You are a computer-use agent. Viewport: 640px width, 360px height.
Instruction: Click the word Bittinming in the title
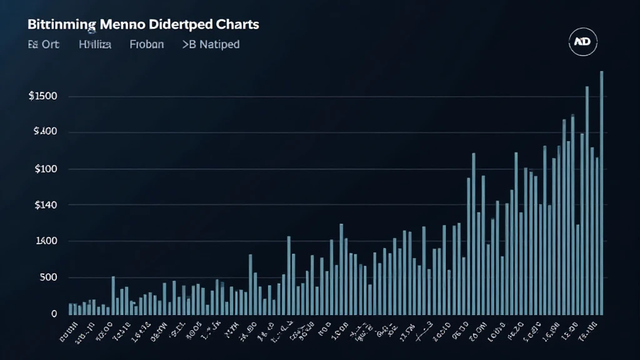(62, 25)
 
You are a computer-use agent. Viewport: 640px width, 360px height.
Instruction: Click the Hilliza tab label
(95, 45)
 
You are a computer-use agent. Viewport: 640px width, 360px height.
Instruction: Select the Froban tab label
(147, 45)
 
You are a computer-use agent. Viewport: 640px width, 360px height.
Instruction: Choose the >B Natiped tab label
(211, 45)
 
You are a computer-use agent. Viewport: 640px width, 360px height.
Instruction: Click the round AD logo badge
(586, 41)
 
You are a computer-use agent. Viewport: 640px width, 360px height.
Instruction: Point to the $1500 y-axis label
(43, 96)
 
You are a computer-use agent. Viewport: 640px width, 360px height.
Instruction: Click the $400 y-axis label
(46, 132)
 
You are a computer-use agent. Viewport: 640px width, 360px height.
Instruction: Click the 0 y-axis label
(54, 313)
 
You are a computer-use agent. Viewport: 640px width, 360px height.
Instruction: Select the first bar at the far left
(71, 309)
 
